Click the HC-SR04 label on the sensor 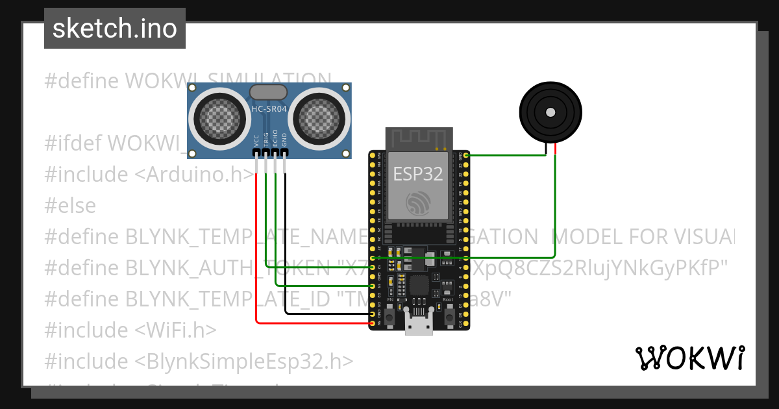tap(269, 109)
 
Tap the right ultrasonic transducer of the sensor tap(321, 119)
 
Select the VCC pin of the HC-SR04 tap(257, 153)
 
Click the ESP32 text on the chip tap(417, 174)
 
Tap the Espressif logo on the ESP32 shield tap(417, 203)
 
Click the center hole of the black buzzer tap(550, 112)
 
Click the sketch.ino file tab tap(115, 29)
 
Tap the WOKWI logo tap(689, 358)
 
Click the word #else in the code tap(70, 206)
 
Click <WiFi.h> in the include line tap(175, 330)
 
